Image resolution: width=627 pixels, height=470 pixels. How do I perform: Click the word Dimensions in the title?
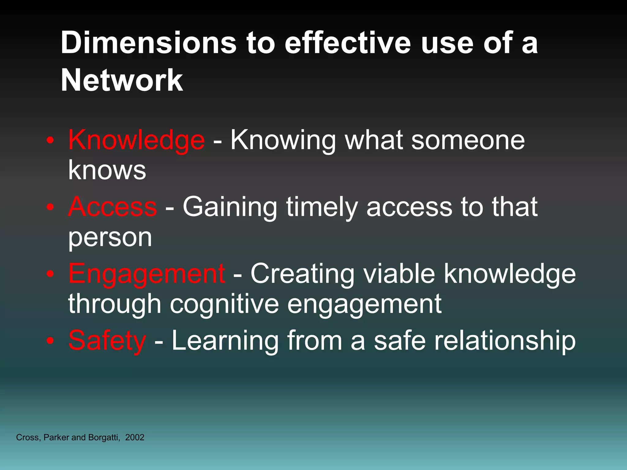click(148, 43)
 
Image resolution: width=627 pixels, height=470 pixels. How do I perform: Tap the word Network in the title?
click(122, 80)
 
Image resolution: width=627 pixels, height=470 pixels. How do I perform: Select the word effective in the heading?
click(347, 43)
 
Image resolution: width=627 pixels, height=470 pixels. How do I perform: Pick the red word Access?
click(112, 207)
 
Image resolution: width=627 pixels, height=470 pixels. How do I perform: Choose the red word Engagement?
click(147, 274)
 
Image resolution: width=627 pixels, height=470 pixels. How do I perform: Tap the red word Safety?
click(107, 341)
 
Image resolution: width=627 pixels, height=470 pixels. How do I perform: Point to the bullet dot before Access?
click(51, 207)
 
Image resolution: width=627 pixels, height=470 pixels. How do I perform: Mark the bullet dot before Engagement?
click(51, 274)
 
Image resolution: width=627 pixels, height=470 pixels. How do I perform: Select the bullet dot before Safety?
click(51, 341)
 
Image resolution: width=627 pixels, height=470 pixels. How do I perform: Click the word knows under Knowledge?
click(107, 170)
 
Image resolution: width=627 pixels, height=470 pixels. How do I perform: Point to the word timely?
click(322, 207)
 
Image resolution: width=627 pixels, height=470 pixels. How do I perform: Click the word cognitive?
click(224, 304)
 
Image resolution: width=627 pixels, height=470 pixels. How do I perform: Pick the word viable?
click(399, 274)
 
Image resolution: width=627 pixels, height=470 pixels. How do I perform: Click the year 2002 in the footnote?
click(135, 438)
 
